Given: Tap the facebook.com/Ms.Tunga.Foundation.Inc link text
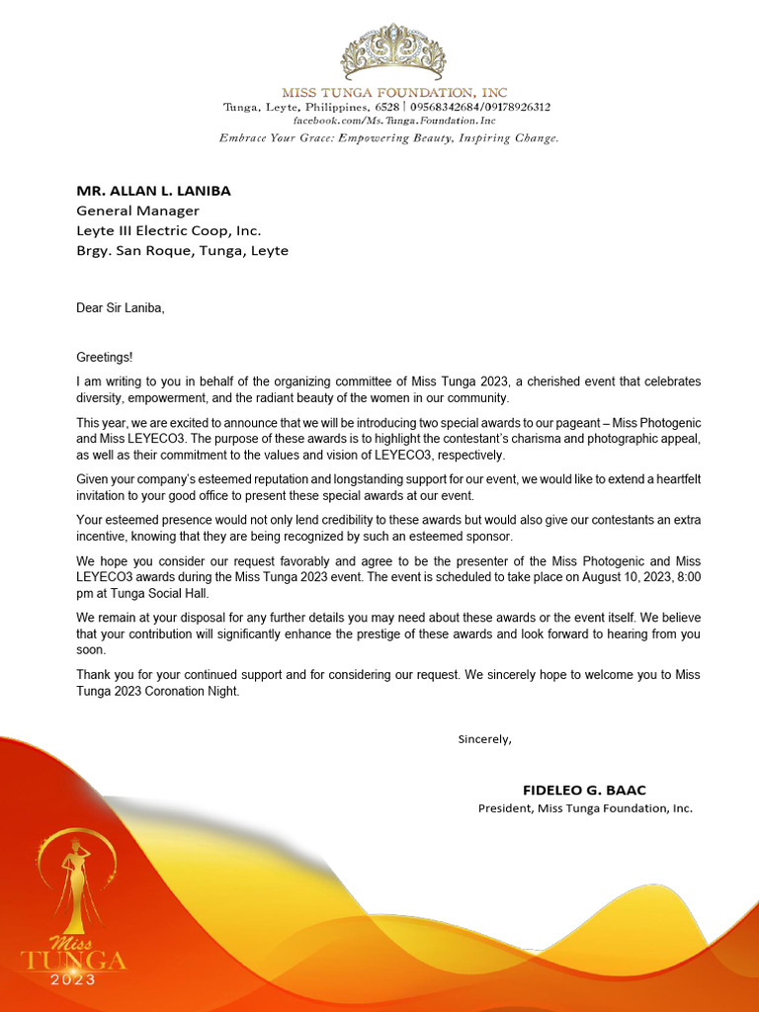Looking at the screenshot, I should (387, 121).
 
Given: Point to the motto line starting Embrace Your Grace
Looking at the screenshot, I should (388, 138).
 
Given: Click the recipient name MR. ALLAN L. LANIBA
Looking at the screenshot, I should (153, 191).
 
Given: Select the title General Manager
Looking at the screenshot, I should (138, 211).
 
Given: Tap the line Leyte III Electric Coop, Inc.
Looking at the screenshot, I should (169, 230).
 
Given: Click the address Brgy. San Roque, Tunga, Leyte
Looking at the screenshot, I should (183, 250).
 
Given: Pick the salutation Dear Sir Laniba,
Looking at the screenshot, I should (121, 308).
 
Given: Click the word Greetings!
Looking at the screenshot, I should (104, 357).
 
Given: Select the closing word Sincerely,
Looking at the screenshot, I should (484, 738).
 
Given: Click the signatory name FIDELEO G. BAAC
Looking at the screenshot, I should (584, 790).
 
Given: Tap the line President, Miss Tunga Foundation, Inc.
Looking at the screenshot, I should (585, 808).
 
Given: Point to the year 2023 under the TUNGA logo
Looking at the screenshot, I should (74, 979).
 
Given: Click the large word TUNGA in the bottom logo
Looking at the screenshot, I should (74, 961).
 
